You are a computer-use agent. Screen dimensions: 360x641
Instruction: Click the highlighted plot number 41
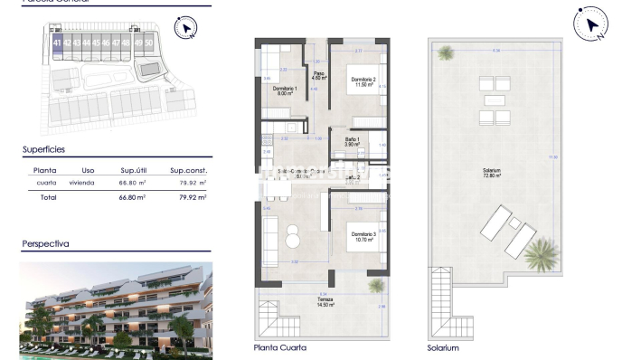[58, 43]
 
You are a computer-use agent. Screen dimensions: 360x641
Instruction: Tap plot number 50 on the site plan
[149, 43]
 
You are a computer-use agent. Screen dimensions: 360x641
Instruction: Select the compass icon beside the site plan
[185, 29]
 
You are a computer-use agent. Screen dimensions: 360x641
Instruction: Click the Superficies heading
[43, 149]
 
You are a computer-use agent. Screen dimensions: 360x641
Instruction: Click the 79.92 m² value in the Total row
[190, 196]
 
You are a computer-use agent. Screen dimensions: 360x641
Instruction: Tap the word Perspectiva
[45, 243]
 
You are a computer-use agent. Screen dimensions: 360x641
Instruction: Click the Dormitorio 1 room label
[285, 90]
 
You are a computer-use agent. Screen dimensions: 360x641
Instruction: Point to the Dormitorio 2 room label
[363, 81]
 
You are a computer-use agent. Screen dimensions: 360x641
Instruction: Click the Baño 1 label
[353, 141]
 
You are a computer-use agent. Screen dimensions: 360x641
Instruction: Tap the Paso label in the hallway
[318, 76]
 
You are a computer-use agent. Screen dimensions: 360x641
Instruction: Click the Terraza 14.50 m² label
[323, 303]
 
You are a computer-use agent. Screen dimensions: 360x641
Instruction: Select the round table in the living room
[292, 239]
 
